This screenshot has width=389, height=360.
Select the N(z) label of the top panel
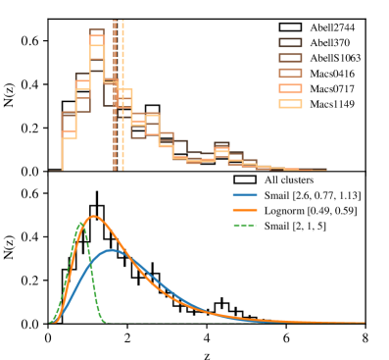click(13, 94)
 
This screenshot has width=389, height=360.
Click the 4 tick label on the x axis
click(207, 335)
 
